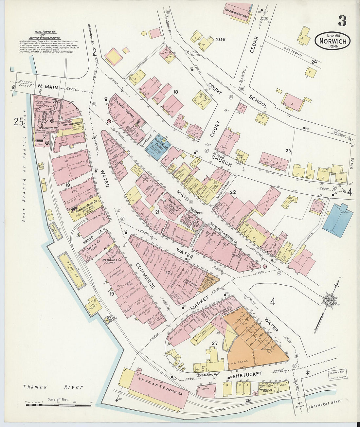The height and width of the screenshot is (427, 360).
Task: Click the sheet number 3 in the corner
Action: (342, 21)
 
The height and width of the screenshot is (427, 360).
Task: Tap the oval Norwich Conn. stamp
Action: (333, 41)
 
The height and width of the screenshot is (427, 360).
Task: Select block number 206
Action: (221, 40)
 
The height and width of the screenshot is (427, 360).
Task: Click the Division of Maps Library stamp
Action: (337, 374)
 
